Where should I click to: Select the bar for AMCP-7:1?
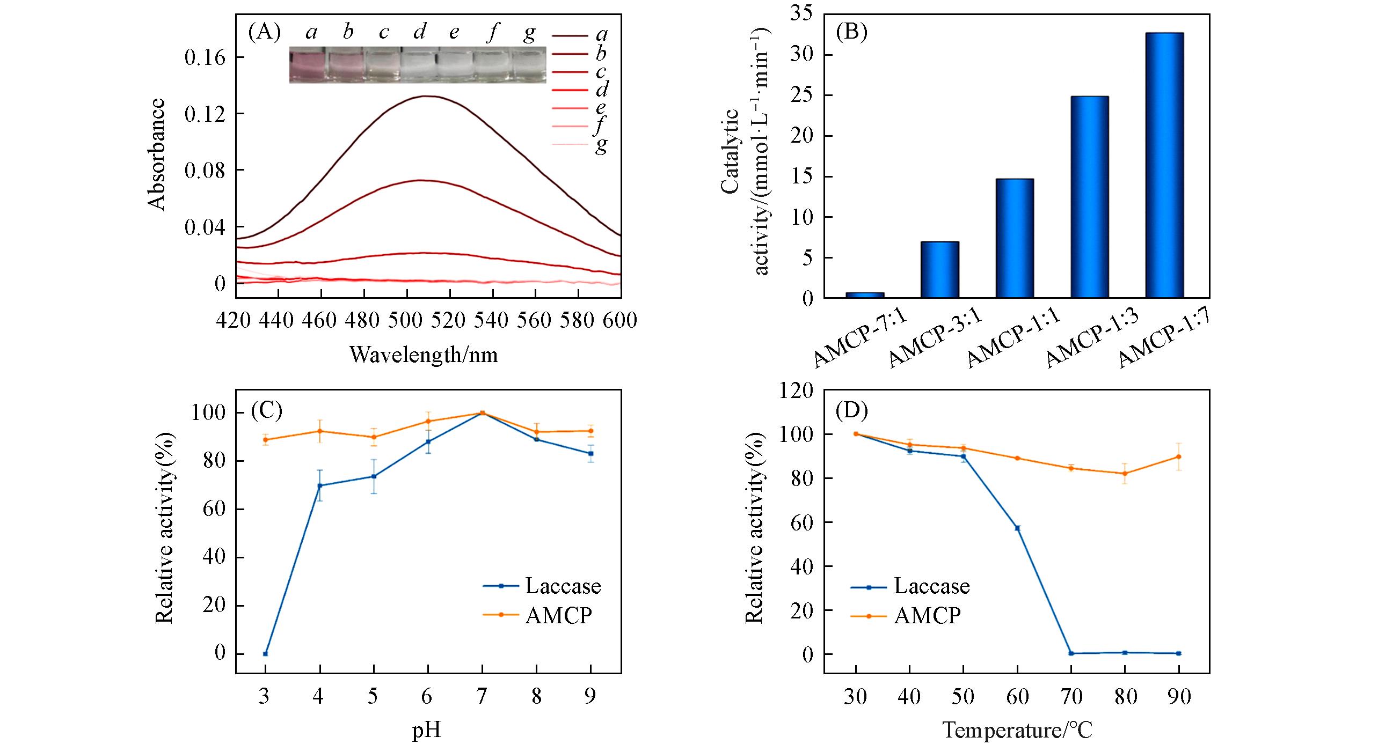pyautogui.click(x=864, y=294)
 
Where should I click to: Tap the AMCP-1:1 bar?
pyautogui.click(x=1014, y=238)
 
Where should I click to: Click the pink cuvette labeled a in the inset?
pyautogui.click(x=307, y=65)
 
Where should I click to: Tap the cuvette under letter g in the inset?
pyautogui.click(x=528, y=65)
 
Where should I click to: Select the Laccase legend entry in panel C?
pyautogui.click(x=542, y=586)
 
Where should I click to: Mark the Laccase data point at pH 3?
pyautogui.click(x=265, y=654)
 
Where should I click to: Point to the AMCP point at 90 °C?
pyautogui.click(x=1178, y=456)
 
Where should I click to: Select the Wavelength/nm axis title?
pyautogui.click(x=424, y=355)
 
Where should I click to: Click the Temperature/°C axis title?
pyautogui.click(x=1017, y=731)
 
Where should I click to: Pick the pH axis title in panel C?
pyautogui.click(x=427, y=731)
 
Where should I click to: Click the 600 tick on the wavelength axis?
pyautogui.click(x=621, y=320)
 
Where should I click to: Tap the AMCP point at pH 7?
pyautogui.click(x=482, y=413)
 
